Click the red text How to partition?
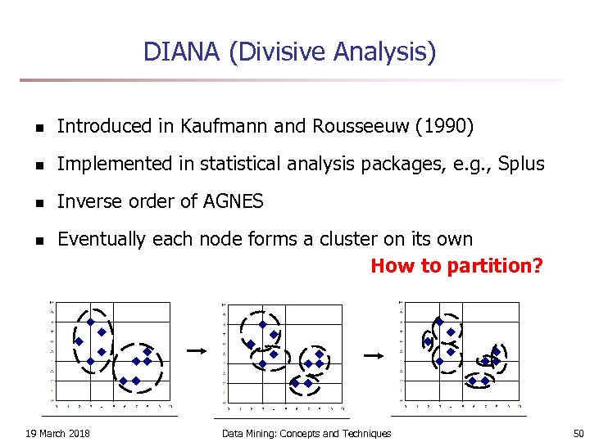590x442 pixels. tap(456, 266)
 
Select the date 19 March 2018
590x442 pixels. tap(57, 433)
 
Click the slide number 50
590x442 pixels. tap(579, 433)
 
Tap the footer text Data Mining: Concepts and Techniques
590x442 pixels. tap(306, 433)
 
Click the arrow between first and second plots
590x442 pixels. tap(195, 350)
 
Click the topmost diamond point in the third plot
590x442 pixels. tap(439, 322)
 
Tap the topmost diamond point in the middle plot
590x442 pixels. tap(262, 324)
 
